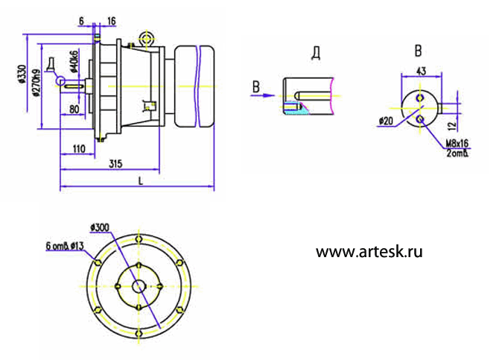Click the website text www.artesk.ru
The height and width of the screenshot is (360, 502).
pyautogui.click(x=369, y=252)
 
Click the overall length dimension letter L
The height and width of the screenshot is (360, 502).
pyautogui.click(x=140, y=180)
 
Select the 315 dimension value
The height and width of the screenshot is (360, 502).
pyautogui.click(x=115, y=162)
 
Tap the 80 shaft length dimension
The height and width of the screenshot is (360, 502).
pyautogui.click(x=74, y=110)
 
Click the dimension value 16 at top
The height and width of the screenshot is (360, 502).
pyautogui.click(x=112, y=22)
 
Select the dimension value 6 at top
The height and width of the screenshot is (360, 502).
pyautogui.click(x=81, y=22)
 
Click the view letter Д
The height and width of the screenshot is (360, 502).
pyautogui.click(x=316, y=54)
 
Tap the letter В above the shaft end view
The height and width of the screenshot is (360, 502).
pyautogui.click(x=418, y=51)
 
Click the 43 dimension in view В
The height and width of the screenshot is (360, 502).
pyautogui.click(x=420, y=71)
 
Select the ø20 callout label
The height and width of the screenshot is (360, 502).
pyautogui.click(x=385, y=121)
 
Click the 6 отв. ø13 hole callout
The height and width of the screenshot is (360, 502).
pyautogui.click(x=63, y=245)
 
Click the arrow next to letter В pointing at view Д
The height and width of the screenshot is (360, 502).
pyautogui.click(x=267, y=95)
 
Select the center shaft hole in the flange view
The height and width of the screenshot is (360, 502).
pyautogui.click(x=139, y=286)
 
